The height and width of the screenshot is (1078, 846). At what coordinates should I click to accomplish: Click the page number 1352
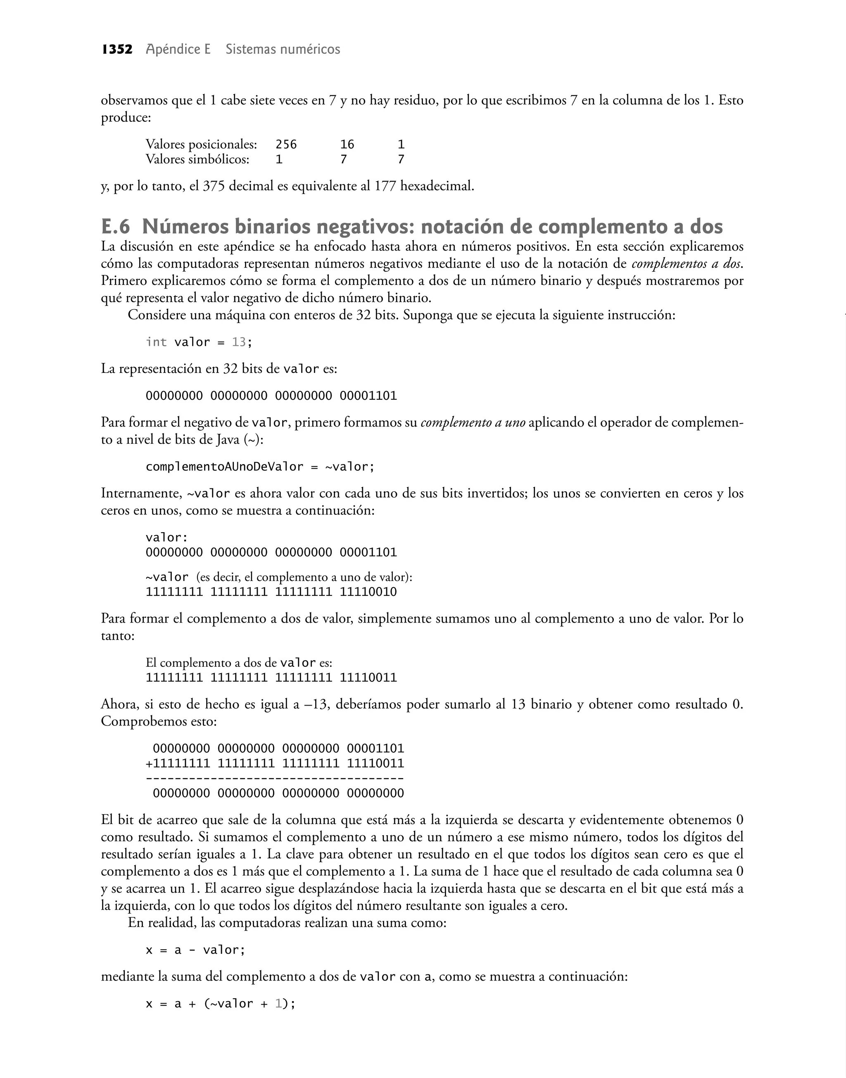[117, 50]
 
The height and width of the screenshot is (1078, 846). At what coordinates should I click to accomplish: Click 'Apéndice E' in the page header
[178, 50]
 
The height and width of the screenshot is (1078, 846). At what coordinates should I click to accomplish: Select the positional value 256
[286, 145]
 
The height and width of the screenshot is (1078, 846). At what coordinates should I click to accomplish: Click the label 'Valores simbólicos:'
[197, 159]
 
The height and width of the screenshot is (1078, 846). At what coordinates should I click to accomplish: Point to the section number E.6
[115, 227]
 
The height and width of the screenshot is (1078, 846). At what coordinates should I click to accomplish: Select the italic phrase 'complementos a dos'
[687, 264]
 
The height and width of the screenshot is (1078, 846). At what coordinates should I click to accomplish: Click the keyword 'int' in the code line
[156, 342]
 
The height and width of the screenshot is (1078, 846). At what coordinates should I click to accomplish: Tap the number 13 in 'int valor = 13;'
[239, 342]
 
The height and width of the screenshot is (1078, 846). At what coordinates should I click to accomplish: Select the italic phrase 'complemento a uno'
[473, 423]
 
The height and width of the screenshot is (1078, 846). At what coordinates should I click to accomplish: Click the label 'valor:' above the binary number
[167, 538]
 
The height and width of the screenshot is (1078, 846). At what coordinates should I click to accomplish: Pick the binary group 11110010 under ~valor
[368, 592]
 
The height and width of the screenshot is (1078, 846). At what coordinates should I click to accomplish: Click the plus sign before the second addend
[149, 763]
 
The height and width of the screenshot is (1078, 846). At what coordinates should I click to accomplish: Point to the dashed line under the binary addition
[275, 779]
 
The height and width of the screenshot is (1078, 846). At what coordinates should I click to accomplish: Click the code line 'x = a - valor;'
[196, 950]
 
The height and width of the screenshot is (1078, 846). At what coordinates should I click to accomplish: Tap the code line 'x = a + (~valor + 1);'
[221, 1004]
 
